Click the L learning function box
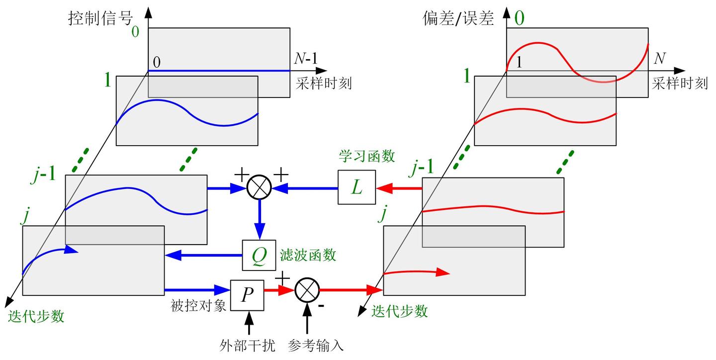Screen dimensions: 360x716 pos(357,187)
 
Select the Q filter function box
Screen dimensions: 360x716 pos(259,256)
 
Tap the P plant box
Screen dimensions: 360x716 pos(247,295)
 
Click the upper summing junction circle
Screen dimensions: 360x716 pos(259,187)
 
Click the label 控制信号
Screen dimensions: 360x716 pos(101,18)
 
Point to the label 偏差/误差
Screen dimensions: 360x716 pos(458,18)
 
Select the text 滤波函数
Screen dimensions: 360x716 pos(308,256)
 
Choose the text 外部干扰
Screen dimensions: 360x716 pos(247,345)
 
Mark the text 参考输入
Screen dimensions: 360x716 pos(316,345)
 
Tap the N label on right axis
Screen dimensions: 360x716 pos(659,59)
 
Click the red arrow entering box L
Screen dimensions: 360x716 pos(399,188)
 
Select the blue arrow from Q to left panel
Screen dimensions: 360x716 pos(204,256)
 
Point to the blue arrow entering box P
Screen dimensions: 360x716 pos(197,289)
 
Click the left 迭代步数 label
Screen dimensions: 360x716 pos(36,316)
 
